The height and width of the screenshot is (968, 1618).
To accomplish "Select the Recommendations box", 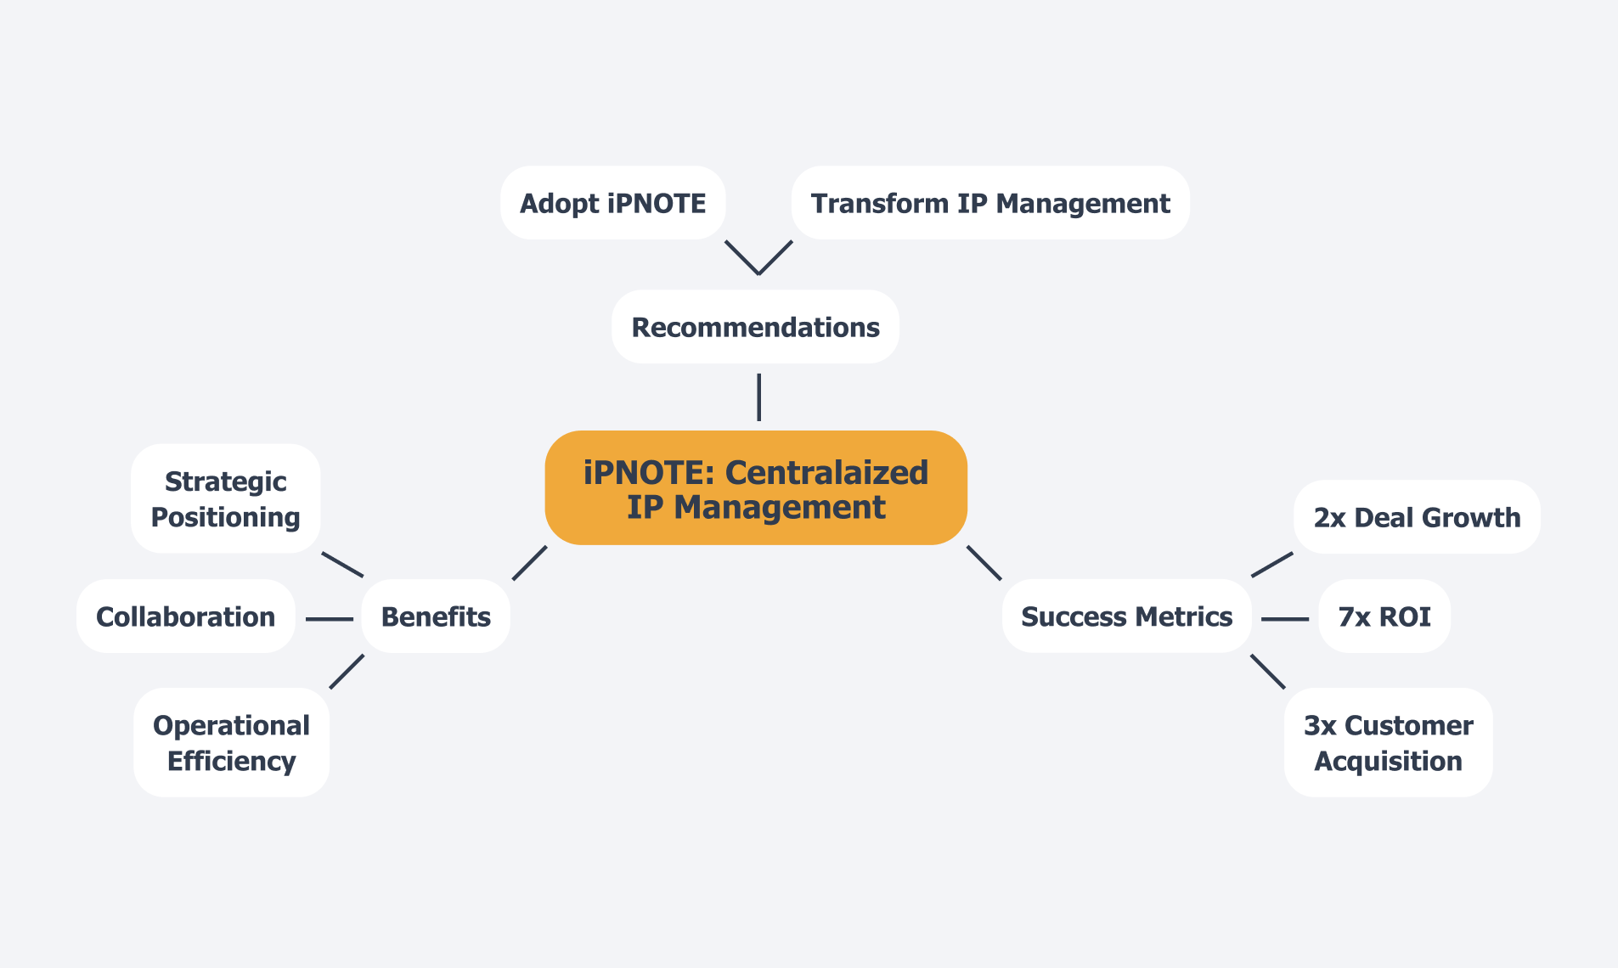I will [755, 327].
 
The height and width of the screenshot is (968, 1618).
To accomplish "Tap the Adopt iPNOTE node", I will [612, 203].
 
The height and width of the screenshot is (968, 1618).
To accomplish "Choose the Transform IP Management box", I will [990, 203].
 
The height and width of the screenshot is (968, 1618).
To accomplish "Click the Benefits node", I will [436, 616].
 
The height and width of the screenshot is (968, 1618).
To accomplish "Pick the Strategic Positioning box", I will [225, 498].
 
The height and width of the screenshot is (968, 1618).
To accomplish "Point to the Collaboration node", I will [185, 616].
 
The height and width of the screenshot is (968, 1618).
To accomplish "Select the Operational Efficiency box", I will [231, 742].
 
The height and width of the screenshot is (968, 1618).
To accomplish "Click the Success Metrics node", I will [1126, 616].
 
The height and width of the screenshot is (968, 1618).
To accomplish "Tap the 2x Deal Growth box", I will [1417, 517].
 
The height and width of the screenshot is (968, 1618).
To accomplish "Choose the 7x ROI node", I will [1384, 616].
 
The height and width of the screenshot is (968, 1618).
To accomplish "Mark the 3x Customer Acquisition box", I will [1388, 742].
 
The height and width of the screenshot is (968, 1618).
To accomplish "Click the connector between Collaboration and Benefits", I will [330, 619].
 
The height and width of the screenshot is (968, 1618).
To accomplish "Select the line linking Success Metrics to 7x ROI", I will [1285, 619].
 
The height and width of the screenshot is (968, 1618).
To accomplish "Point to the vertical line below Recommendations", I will [758, 397].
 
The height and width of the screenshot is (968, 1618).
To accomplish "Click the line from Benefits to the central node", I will [530, 563].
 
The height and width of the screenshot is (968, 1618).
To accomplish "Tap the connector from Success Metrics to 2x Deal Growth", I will [1272, 565].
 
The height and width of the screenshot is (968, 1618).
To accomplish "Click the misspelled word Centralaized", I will [826, 473].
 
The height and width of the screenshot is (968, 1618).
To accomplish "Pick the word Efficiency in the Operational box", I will [231, 761].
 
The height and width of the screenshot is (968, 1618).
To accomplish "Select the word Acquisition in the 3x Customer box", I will [1388, 761].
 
